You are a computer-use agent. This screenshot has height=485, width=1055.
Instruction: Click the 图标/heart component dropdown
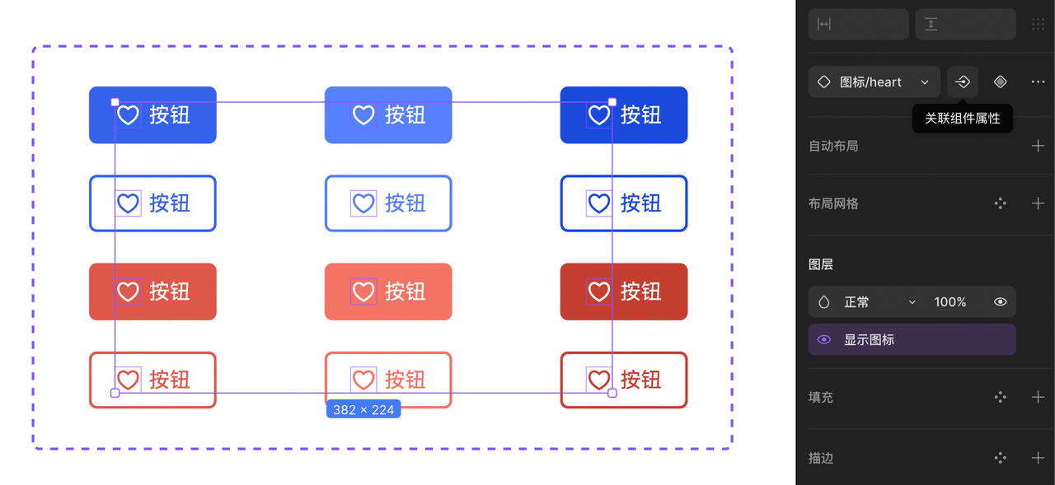click(874, 82)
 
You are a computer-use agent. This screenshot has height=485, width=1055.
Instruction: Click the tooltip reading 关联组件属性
click(962, 118)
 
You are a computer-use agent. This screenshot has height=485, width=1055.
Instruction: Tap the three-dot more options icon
click(1038, 82)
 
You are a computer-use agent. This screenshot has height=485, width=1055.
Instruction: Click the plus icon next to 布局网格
click(1038, 203)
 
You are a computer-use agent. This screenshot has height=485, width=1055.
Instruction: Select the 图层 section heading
click(820, 264)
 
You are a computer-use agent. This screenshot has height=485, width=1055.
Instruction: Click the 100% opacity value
click(950, 301)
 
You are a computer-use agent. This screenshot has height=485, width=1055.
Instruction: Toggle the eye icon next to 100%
click(1001, 301)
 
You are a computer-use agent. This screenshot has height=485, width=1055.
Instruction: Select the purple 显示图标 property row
click(912, 339)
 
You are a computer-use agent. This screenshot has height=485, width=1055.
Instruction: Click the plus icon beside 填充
click(1038, 397)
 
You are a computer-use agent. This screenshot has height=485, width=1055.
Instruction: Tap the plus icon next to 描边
click(1038, 458)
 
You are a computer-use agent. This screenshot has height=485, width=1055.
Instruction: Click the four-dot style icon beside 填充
click(1001, 397)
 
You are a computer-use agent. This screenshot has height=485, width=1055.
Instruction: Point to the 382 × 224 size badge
click(363, 409)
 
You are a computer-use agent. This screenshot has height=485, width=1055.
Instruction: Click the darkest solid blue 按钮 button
click(624, 114)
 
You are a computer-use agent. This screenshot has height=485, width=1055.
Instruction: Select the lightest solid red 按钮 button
click(388, 291)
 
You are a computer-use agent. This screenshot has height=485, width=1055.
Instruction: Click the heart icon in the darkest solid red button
click(599, 291)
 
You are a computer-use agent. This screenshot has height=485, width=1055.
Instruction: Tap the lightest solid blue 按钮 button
click(388, 114)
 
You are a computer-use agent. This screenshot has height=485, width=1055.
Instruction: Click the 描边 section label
click(820, 458)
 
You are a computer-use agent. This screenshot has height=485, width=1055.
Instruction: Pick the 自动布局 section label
click(833, 146)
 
